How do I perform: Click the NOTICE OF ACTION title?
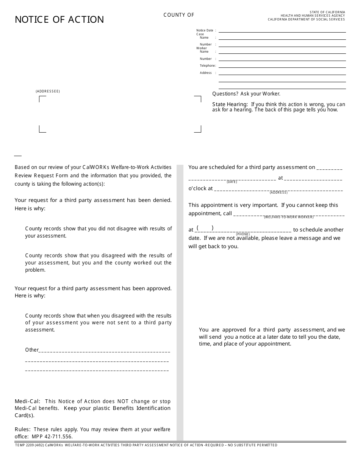(59, 20)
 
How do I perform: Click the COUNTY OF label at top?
(179, 15)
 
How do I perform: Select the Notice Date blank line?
(282, 31)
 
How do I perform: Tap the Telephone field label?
(207, 66)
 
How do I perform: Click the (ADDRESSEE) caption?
(48, 91)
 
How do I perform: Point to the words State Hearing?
(230, 105)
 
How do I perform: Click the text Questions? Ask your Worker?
(246, 94)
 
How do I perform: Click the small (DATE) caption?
(232, 182)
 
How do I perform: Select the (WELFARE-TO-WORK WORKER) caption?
(289, 217)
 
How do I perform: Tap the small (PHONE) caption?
(243, 234)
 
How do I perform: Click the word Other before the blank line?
(32, 350)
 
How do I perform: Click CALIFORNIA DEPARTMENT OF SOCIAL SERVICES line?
(306, 19)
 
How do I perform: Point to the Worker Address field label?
(206, 73)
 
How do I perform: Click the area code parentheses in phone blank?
(205, 228)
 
